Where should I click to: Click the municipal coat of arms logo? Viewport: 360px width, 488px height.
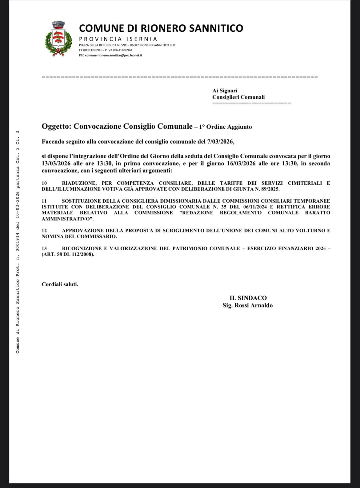click(59, 39)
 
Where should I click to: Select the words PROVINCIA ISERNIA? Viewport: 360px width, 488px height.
click(118, 39)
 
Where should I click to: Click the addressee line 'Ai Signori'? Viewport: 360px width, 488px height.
click(225, 91)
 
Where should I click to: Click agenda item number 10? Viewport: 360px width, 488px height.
click(44, 183)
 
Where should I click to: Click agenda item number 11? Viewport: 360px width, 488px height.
click(44, 201)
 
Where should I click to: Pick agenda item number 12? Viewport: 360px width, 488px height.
click(44, 231)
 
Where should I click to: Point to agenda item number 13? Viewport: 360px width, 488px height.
click(44, 248)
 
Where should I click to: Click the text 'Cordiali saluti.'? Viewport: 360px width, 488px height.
click(60, 284)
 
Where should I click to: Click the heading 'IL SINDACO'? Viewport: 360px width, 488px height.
click(248, 298)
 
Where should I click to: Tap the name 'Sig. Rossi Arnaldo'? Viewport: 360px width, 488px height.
click(248, 305)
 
